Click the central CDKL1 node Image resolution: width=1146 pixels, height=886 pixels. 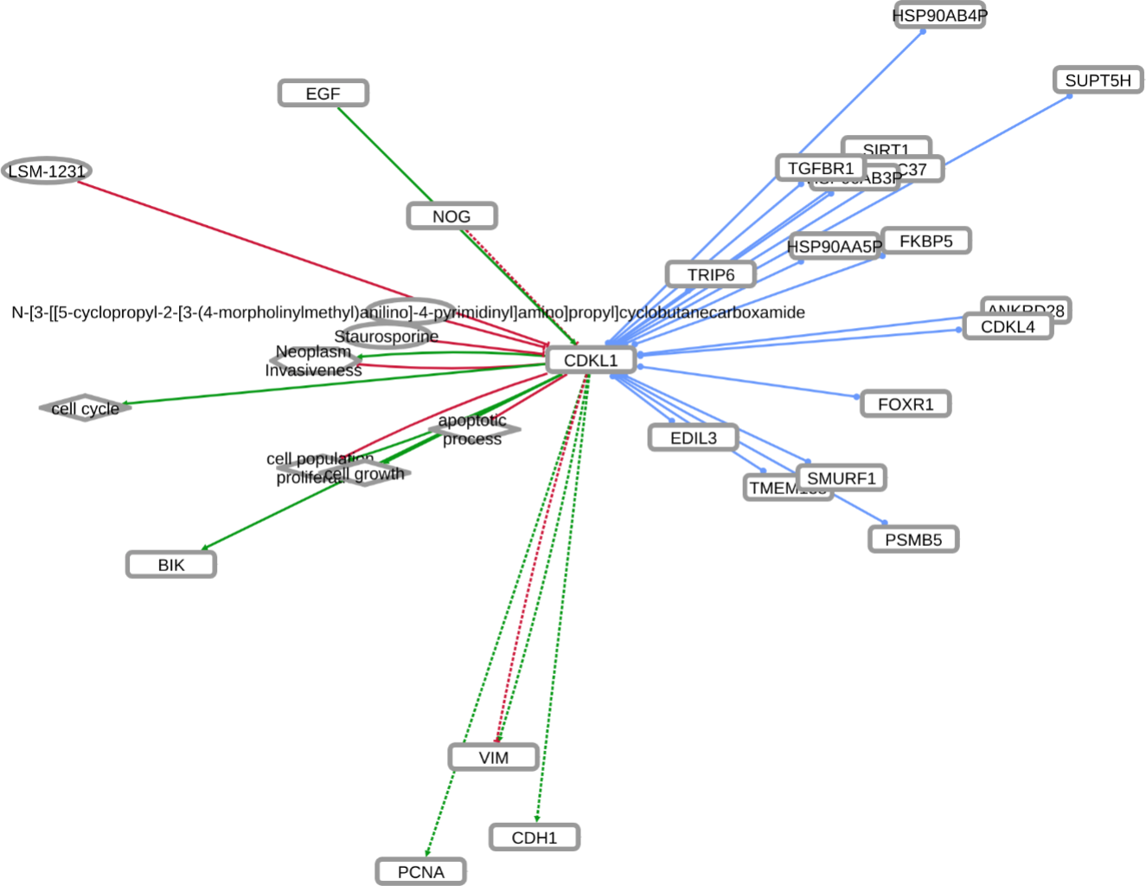point(591,360)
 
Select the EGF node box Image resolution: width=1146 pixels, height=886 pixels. point(323,93)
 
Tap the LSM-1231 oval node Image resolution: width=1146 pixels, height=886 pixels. point(47,171)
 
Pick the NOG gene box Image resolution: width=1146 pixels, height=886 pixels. point(451,216)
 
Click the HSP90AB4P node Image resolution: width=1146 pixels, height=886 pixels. point(939,15)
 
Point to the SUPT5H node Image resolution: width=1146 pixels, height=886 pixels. point(1098,80)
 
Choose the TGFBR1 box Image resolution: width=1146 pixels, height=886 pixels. point(820,168)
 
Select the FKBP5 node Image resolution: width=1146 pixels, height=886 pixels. point(925,241)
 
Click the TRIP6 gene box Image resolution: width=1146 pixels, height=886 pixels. point(710,274)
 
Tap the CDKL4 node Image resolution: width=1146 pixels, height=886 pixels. point(1008,327)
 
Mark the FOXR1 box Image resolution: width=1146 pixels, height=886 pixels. point(906,404)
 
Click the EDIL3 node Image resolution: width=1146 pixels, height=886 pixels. point(693,438)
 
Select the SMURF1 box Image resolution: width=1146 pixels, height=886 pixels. point(841,478)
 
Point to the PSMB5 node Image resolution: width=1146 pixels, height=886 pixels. point(913,539)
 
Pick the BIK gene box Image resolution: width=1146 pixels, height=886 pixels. point(171,565)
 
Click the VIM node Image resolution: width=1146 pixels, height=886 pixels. point(493,758)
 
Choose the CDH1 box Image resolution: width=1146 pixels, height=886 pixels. point(534,838)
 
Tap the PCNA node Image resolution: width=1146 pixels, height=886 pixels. point(420,872)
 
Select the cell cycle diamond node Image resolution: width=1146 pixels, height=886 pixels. point(85,408)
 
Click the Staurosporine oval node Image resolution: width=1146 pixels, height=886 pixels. point(386,336)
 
